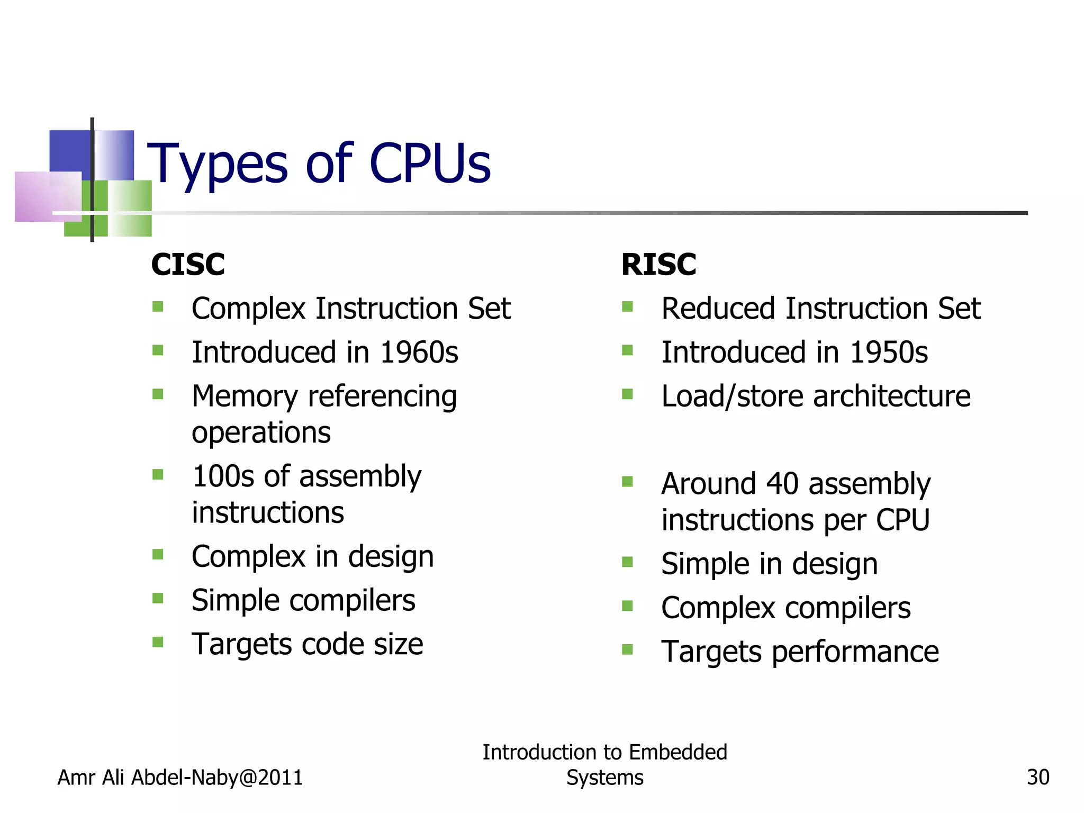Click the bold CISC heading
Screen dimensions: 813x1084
[188, 264]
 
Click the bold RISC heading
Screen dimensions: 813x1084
[658, 264]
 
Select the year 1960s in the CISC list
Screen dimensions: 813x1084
[419, 353]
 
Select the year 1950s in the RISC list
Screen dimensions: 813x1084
[889, 353]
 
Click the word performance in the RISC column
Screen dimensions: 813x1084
[855, 652]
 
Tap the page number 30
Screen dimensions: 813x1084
[1038, 778]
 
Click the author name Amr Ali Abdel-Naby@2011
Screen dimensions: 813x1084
[180, 778]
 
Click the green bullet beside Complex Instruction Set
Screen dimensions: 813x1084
[158, 306]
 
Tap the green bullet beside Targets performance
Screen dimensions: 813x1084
[627, 649]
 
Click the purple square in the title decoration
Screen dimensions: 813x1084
[48, 196]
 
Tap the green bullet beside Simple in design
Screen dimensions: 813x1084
[627, 562]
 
